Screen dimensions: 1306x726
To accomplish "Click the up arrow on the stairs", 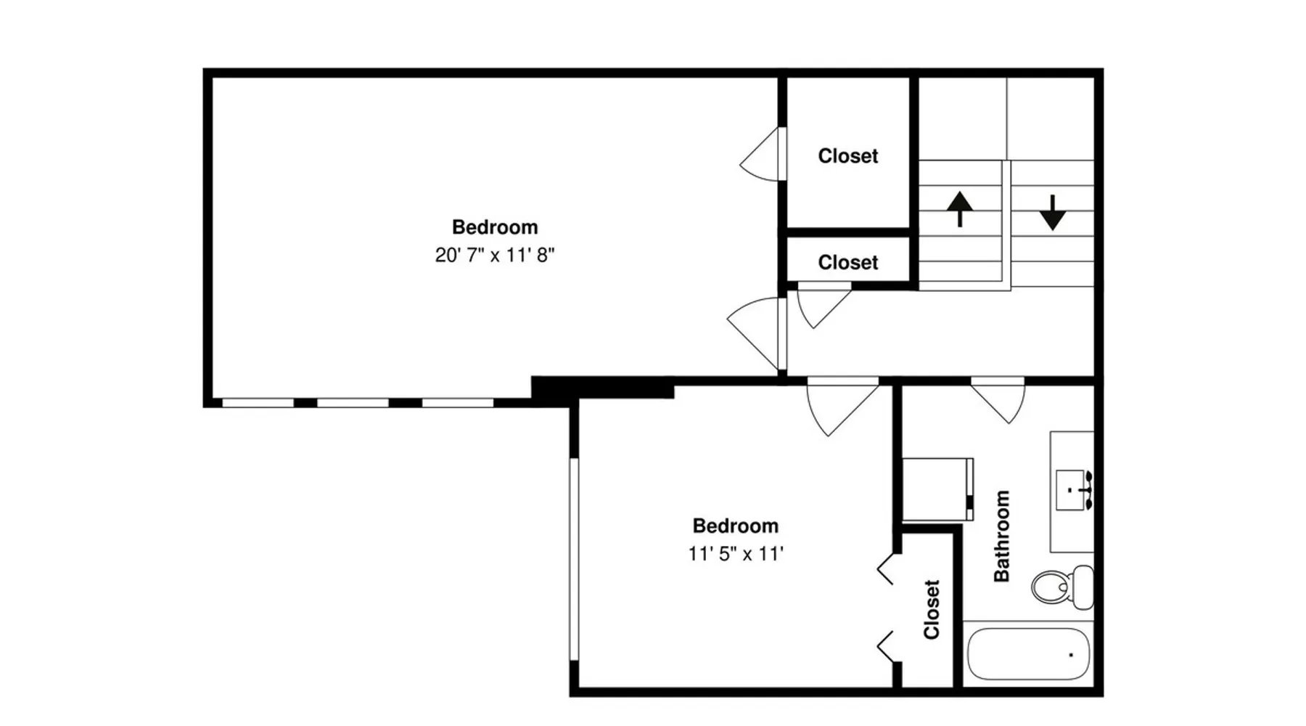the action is click(x=960, y=209).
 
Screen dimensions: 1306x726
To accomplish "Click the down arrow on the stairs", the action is click(x=1052, y=213).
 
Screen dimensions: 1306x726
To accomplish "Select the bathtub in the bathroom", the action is click(x=1029, y=653).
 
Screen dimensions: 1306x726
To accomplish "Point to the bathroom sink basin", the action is click(x=1071, y=490).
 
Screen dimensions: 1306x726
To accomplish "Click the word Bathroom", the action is click(x=1002, y=536).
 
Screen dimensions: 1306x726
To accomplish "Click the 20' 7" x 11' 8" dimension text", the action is click(x=495, y=255).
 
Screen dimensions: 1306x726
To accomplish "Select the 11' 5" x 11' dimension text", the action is click(x=736, y=554).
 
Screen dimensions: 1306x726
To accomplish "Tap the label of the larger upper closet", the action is click(x=847, y=156).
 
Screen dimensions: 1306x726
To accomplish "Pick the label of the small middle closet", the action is click(x=847, y=262).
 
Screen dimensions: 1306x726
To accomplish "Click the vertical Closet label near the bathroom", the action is click(x=932, y=609).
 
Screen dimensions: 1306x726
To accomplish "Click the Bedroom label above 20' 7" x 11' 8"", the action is click(x=495, y=227).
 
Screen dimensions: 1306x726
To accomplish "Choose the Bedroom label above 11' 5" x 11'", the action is click(x=736, y=526).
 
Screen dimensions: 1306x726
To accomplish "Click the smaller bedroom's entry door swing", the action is click(x=842, y=407).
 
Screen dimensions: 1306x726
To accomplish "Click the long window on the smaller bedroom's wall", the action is click(x=574, y=559).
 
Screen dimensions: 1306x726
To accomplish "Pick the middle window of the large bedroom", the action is click(x=353, y=402).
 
